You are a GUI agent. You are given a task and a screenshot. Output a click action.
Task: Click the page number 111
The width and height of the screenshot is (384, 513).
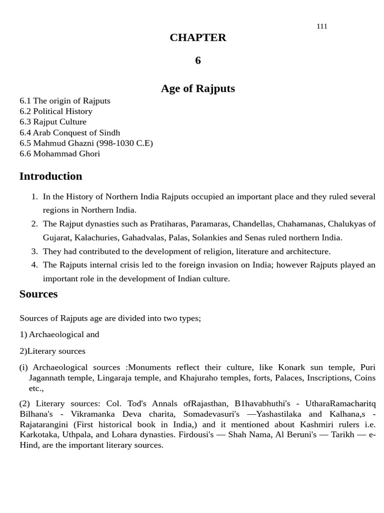322,26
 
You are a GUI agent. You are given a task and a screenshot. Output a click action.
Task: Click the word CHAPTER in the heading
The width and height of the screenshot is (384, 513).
197,38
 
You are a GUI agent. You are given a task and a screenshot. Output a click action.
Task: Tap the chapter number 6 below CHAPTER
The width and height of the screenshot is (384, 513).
198,61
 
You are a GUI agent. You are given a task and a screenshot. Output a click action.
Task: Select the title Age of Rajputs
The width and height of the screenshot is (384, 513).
197,89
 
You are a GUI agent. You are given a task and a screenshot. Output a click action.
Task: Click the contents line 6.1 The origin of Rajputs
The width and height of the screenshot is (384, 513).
65,101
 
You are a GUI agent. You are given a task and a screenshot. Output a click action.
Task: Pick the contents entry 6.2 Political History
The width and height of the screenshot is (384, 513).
56,111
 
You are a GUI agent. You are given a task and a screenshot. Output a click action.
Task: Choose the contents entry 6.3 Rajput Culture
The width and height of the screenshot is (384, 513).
53,122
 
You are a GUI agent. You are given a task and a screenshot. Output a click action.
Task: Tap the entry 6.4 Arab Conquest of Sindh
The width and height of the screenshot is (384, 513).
70,133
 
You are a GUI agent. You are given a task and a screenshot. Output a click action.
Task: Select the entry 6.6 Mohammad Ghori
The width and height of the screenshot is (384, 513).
60,154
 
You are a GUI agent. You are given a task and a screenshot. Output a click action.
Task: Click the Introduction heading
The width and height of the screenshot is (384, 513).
50,176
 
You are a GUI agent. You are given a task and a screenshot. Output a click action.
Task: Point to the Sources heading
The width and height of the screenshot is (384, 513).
38,294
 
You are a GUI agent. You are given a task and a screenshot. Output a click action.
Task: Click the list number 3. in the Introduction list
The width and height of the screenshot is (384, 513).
34,251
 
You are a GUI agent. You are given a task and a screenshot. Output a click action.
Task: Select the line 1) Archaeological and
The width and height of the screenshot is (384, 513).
59,334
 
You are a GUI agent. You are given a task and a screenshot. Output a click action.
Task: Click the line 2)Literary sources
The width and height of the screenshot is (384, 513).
52,351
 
